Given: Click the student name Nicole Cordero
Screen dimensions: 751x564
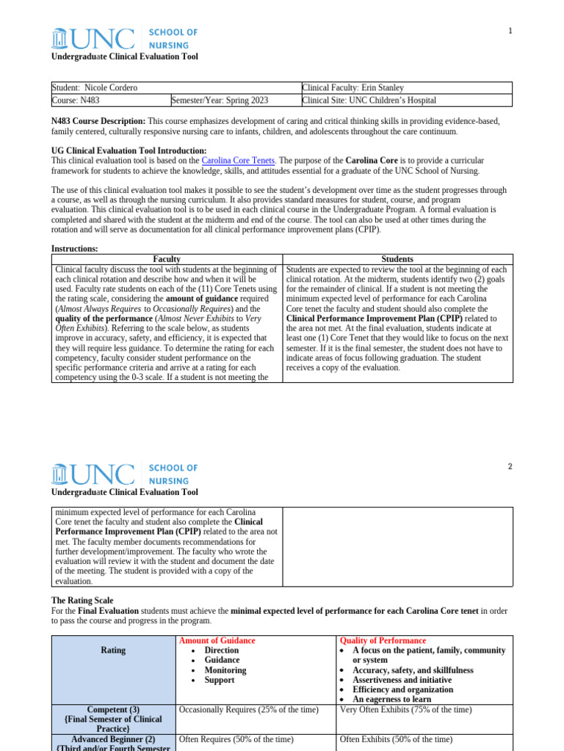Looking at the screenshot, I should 111,88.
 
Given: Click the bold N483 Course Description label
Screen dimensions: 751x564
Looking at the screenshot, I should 98,121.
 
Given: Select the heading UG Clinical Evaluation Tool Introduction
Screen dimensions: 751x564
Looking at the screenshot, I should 123,150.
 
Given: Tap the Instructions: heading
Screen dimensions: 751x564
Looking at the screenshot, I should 74,249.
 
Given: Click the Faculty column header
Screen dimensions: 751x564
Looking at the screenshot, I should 167,259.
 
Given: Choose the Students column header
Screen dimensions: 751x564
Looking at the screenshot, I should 397,259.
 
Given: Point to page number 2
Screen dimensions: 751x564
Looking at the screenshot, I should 510,466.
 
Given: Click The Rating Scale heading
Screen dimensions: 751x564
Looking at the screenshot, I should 82,601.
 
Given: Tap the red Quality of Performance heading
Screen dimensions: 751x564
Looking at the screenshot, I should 382,640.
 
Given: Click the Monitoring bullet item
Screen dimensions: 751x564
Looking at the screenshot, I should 225,670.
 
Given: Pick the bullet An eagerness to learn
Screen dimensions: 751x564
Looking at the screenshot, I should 391,700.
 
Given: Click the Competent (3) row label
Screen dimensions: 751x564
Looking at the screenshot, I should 113,710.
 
